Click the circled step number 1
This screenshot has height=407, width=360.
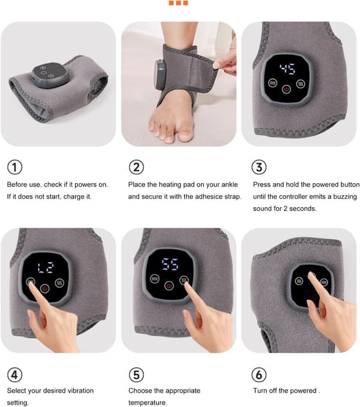tap(14, 167)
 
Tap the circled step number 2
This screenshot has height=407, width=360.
tap(136, 167)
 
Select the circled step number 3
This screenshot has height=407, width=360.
tap(259, 167)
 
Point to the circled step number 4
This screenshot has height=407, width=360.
tap(14, 375)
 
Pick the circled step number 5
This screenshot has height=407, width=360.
tap(136, 375)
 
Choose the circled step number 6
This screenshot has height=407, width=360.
tap(259, 375)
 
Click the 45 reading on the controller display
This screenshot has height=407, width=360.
tap(287, 69)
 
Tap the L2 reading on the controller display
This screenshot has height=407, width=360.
tap(46, 268)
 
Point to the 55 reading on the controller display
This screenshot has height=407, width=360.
tap(170, 264)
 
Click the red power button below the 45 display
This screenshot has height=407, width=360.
tap(286, 89)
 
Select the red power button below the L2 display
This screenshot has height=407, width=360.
tap(45, 288)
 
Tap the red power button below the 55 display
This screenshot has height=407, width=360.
tap(169, 286)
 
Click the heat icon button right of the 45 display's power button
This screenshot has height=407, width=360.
tap(301, 84)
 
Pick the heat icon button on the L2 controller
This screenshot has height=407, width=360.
tap(59, 283)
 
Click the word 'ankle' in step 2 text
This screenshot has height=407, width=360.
tap(229, 184)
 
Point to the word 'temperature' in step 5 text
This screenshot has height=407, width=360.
tap(147, 403)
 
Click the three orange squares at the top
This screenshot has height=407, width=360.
tap(178, 3)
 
